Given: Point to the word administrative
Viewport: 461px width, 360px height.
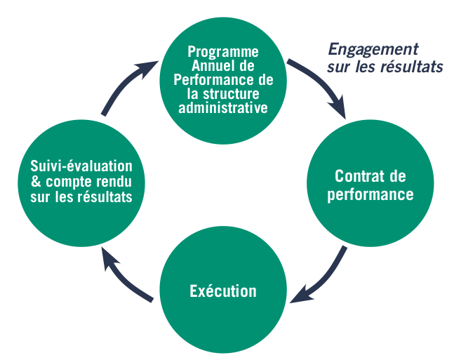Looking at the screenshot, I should (223, 108).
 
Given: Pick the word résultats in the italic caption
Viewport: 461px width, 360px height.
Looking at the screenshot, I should (413, 68).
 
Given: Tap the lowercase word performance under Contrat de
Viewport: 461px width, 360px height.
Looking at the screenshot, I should (370, 194).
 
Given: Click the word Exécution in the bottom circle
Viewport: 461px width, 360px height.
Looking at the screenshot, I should (223, 291).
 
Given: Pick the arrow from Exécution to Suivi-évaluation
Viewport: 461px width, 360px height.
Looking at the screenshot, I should (123, 276).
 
